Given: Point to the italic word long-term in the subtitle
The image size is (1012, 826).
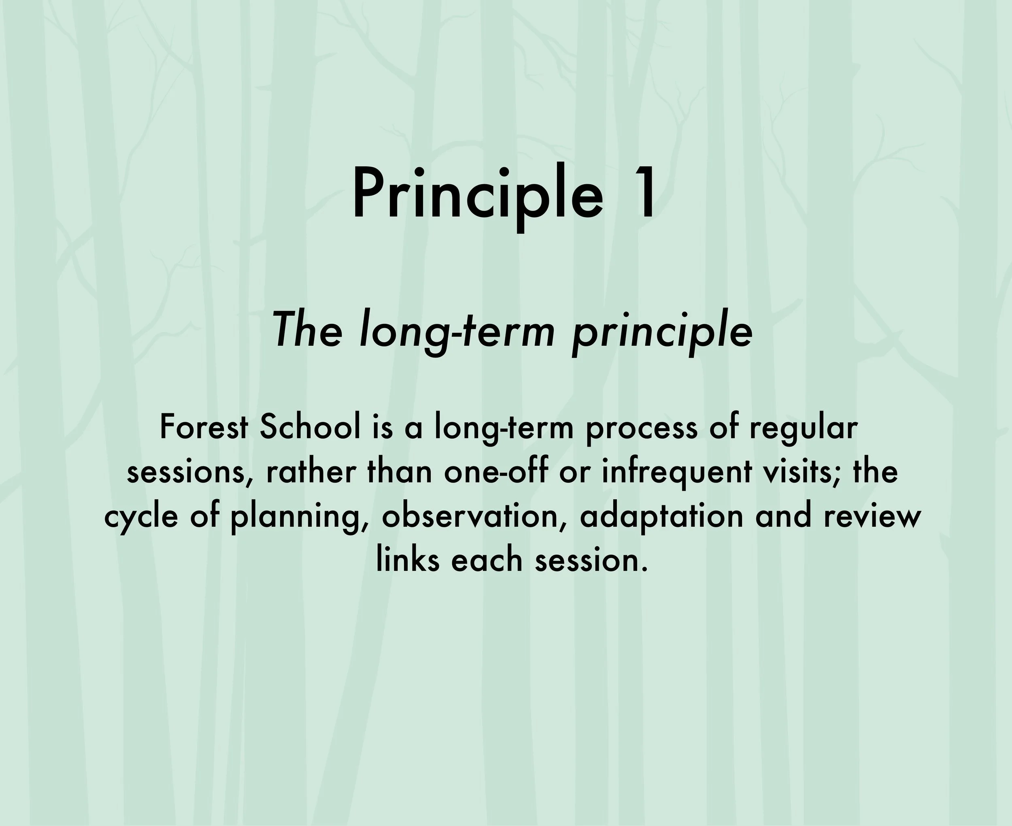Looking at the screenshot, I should [x=457, y=332].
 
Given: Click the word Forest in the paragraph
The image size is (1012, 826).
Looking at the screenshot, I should [x=204, y=427].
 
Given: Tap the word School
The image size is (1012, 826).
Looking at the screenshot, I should [x=310, y=427].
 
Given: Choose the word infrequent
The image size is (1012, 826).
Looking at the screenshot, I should [x=677, y=473].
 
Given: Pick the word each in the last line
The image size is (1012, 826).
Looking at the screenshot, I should [x=487, y=560].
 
